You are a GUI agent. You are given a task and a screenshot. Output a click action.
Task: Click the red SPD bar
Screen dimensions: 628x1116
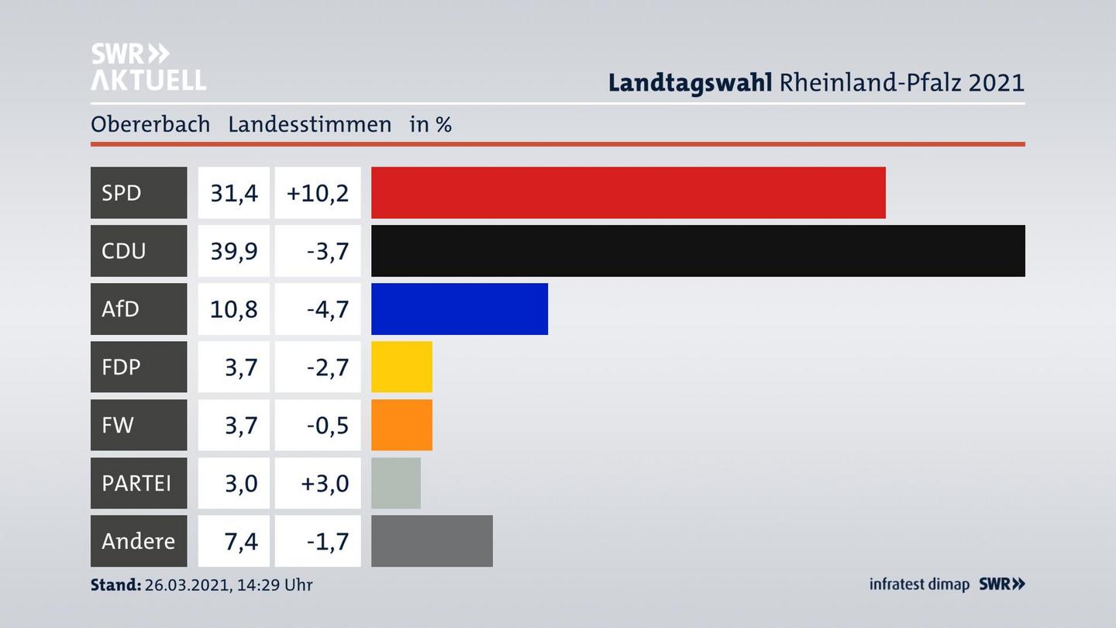point(628,192)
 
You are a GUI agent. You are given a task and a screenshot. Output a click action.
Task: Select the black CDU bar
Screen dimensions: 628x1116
point(697,250)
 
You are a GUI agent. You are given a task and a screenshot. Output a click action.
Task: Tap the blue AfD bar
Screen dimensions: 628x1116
point(459,309)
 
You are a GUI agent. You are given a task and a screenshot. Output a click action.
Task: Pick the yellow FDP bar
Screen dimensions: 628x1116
point(401,367)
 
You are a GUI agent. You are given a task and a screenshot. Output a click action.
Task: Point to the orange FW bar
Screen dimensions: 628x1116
point(401,425)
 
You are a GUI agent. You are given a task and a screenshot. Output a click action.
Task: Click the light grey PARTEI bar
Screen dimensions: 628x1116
point(396,483)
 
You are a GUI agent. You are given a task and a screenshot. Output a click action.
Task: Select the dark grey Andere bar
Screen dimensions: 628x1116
point(432,540)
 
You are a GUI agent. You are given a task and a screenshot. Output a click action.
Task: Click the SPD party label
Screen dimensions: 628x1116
point(122,192)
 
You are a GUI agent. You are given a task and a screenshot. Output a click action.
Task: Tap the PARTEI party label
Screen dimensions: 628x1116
point(136,483)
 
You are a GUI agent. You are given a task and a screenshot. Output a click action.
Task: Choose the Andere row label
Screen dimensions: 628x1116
point(138,540)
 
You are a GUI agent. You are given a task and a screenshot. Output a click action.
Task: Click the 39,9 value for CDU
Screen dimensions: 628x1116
point(233,250)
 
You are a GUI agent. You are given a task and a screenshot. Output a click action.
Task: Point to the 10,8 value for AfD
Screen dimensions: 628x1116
point(233,309)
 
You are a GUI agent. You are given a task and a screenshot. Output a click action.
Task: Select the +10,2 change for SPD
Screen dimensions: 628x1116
point(318,192)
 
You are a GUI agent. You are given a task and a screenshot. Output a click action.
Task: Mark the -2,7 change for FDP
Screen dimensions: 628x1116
point(327,367)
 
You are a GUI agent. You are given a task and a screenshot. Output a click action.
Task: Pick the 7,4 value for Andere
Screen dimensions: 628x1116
point(241,540)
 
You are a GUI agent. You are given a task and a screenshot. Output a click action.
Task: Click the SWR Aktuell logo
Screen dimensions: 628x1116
point(148,67)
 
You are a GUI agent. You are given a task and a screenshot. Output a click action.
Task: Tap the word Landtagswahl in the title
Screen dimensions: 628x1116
point(690,82)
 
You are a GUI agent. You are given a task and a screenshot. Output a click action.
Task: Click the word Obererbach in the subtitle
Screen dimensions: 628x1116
point(150,124)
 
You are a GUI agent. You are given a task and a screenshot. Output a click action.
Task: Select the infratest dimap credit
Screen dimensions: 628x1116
point(919,585)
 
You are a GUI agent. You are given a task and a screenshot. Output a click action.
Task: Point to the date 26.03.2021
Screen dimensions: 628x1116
point(186,585)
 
